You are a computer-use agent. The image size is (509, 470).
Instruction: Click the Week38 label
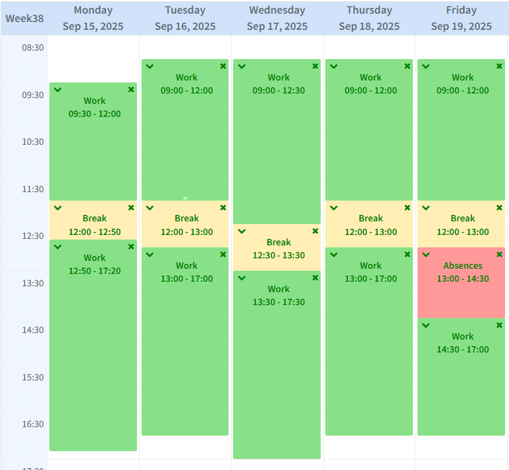click(25, 18)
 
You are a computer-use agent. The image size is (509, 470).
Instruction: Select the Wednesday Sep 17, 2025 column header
click(277, 18)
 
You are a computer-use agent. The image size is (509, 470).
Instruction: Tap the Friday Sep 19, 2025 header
click(462, 18)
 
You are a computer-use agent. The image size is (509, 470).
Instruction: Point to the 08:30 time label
click(33, 48)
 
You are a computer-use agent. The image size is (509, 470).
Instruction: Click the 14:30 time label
click(33, 330)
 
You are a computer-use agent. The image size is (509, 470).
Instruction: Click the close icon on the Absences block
click(499, 254)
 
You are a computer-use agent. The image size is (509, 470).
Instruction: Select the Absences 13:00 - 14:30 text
click(462, 272)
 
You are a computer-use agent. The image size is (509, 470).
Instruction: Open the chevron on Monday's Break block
click(58, 208)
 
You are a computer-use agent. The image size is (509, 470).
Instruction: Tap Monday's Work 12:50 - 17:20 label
click(94, 264)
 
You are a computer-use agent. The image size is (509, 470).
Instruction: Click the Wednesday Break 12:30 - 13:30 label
click(279, 249)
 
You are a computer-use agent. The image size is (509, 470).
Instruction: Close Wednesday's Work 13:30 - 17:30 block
click(315, 278)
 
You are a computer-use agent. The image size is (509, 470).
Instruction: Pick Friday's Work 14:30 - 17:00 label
click(462, 343)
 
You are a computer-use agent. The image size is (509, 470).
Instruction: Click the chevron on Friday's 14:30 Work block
click(426, 325)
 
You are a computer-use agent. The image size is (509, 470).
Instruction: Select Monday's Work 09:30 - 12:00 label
click(94, 107)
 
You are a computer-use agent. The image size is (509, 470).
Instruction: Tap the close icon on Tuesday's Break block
click(223, 208)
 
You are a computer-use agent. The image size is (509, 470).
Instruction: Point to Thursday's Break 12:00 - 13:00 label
click(371, 225)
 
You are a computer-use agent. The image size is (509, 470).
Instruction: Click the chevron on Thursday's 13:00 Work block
click(334, 254)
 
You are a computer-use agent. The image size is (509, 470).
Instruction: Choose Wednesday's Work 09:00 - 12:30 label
click(279, 84)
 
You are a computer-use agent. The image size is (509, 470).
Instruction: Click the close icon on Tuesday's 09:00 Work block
click(223, 66)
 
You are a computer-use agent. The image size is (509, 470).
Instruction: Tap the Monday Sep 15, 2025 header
click(93, 18)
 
